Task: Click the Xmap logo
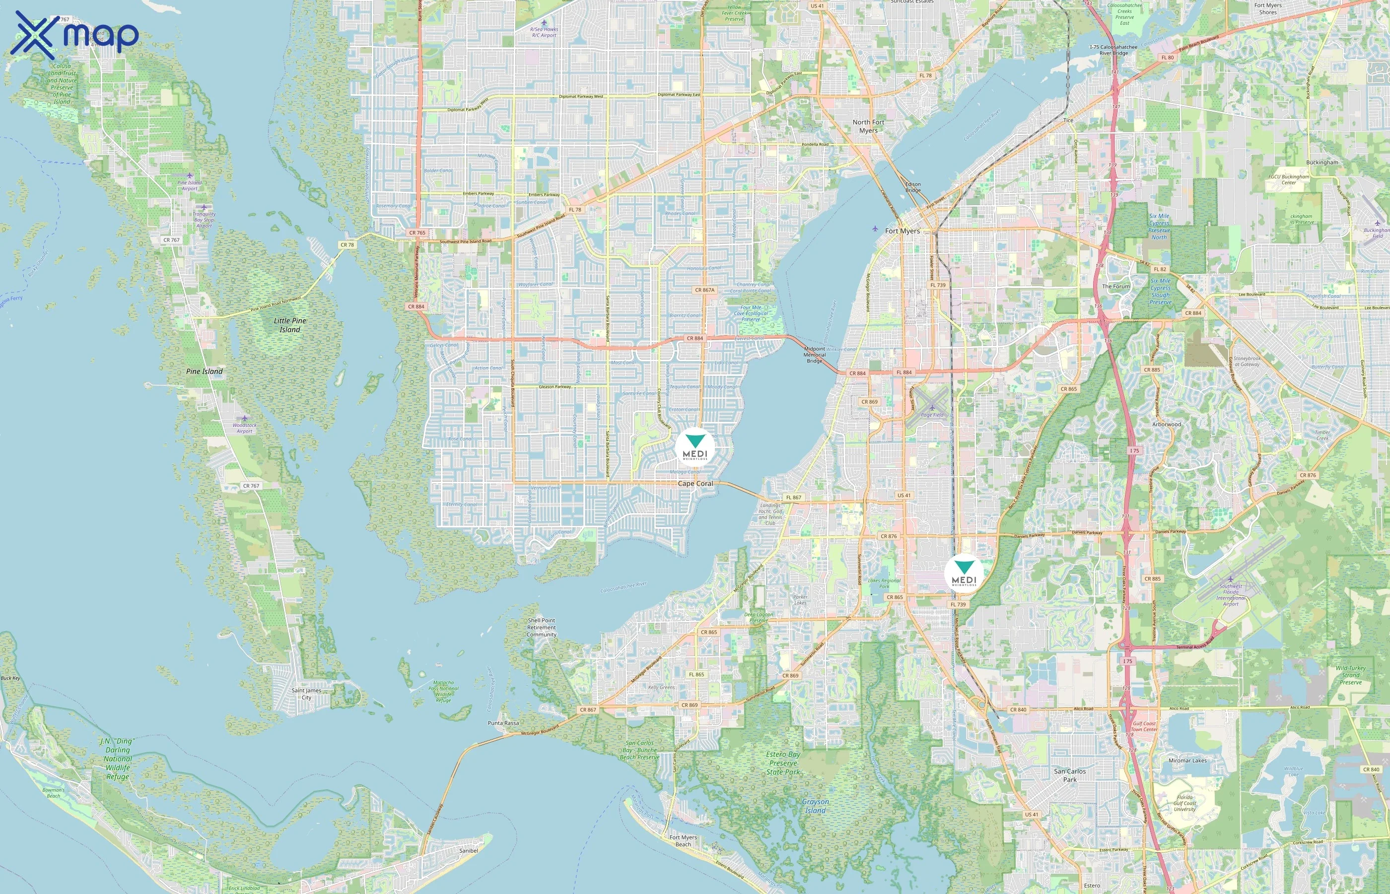pos(74,35)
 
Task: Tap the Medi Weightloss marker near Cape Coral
pos(695,447)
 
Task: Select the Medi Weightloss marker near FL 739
pos(964,573)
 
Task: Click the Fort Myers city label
pos(902,231)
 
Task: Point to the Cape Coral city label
pos(695,484)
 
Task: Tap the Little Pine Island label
pos(290,325)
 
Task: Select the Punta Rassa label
pos(503,723)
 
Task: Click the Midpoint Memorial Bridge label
pos(815,355)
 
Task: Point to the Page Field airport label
pos(932,415)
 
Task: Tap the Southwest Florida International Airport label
pos(1231,595)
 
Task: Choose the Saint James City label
pos(306,694)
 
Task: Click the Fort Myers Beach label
pos(683,840)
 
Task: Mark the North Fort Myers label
pos(868,126)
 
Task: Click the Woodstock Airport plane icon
pos(245,418)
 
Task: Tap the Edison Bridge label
pos(912,187)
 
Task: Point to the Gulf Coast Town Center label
pos(1144,726)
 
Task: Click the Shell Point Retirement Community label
pos(541,628)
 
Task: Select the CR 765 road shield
pos(417,233)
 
